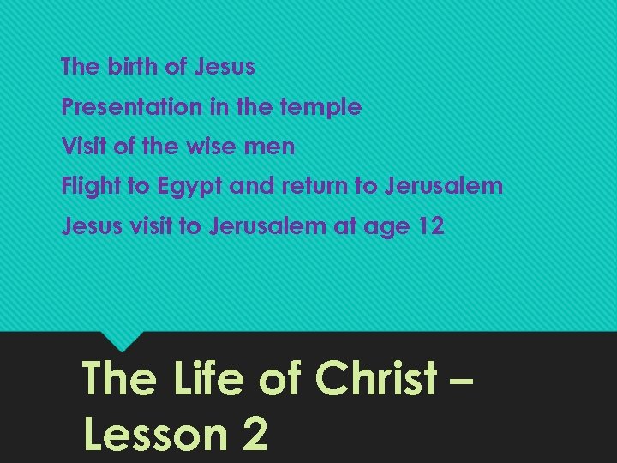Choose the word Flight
tap(91, 186)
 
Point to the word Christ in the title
tap(376, 378)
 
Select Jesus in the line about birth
tap(225, 66)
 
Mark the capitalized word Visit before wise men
tap(85, 147)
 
